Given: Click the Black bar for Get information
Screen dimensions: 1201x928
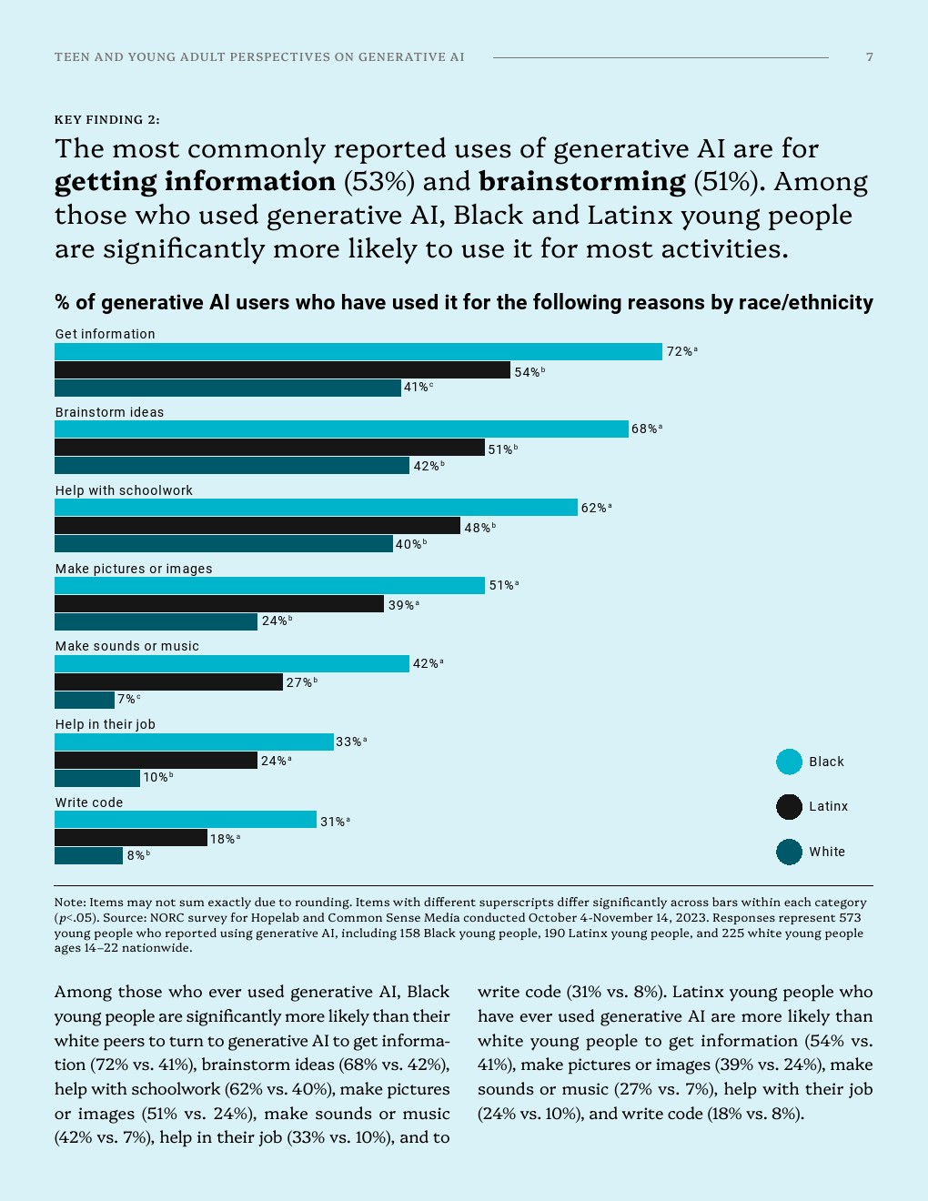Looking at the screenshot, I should (x=358, y=352).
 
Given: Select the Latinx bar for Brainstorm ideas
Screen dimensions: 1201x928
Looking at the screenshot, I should (x=269, y=448).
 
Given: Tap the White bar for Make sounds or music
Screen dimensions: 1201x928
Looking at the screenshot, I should (x=85, y=700).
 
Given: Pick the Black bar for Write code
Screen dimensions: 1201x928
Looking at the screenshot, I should (x=186, y=820).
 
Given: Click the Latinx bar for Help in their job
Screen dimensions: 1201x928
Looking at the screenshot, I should (x=156, y=760).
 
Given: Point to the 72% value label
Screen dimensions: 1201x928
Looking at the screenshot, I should (x=681, y=352).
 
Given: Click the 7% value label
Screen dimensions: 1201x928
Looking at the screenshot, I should (x=126, y=700).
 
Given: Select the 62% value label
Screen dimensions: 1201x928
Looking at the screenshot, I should (x=594, y=508).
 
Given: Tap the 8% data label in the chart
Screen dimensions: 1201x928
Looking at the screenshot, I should (x=136, y=856).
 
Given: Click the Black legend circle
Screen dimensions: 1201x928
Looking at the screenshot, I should (x=789, y=762).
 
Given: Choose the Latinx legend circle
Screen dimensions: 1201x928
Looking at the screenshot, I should (x=789, y=806).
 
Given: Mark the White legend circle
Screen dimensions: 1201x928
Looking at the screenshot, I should (x=789, y=852).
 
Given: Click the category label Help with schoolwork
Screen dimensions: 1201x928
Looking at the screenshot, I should (x=124, y=490).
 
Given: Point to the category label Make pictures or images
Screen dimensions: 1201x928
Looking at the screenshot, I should (x=134, y=569).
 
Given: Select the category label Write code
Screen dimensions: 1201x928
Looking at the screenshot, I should (x=89, y=802).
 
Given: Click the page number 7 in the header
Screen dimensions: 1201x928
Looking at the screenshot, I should (x=870, y=57).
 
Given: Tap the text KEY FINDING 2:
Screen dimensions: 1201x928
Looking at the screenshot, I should (x=107, y=119).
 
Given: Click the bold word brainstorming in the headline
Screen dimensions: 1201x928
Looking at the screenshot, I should (x=582, y=182).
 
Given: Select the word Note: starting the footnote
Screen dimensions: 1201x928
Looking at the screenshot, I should (x=70, y=903).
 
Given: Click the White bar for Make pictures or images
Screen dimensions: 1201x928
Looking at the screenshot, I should (x=156, y=621).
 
